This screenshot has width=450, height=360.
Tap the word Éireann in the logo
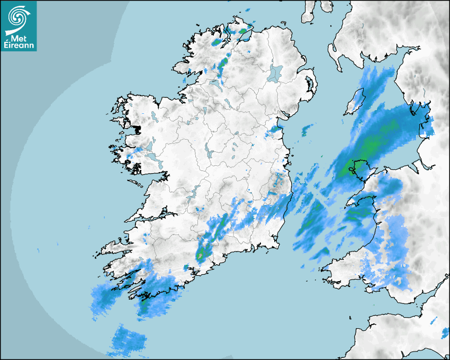tap(19, 46)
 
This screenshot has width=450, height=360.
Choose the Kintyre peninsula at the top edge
tap(308, 12)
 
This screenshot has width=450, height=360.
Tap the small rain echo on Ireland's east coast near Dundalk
tap(274, 129)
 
